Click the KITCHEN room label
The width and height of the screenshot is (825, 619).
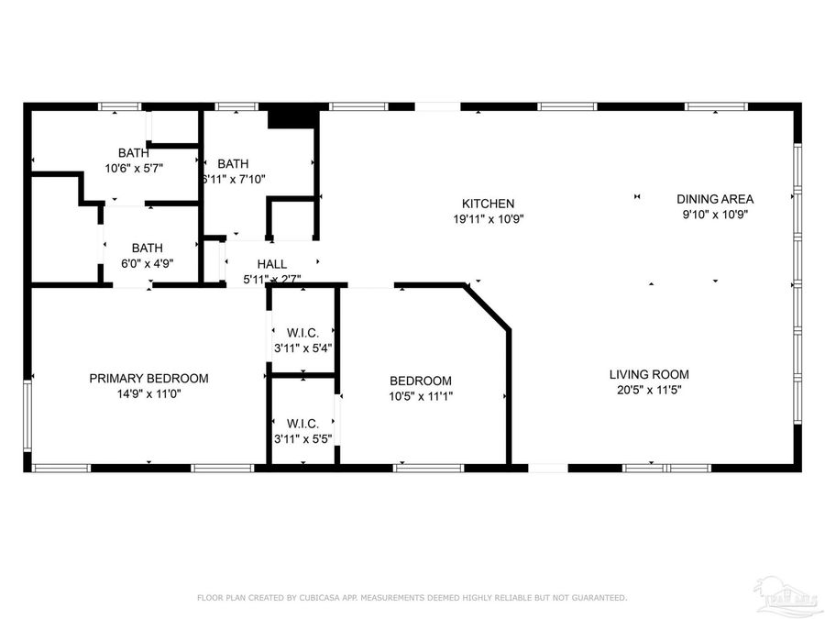coord(488,204)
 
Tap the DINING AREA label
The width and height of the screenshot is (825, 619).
coord(715,199)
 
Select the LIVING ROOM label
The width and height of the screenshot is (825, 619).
coord(649,374)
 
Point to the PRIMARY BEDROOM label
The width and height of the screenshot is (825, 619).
coord(148,378)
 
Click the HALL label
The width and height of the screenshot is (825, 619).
coord(271,264)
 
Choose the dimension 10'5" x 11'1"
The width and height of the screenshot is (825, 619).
coord(421,397)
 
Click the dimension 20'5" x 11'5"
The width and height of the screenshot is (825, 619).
coord(649,390)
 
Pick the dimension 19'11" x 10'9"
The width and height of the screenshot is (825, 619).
coord(488,219)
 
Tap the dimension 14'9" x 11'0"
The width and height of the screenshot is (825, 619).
coord(148,393)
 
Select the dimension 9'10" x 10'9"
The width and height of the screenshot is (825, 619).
coord(715,215)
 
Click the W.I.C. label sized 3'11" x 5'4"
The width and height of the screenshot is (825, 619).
coord(302,332)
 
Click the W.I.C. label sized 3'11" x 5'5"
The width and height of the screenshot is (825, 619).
coord(302,423)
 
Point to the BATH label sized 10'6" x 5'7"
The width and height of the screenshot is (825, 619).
coord(133,152)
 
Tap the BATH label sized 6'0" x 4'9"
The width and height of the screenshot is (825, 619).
coord(147,248)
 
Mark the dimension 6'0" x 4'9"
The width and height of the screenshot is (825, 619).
coord(147,263)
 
